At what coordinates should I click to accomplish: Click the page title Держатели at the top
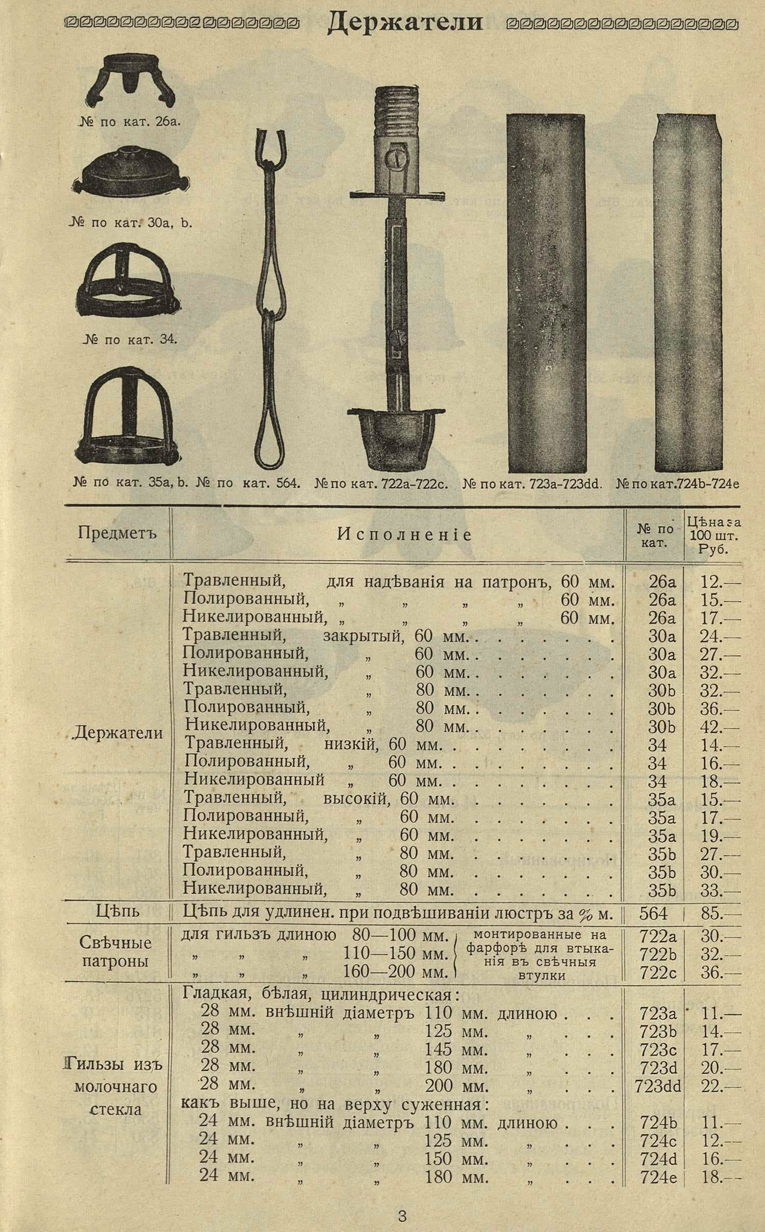point(404,23)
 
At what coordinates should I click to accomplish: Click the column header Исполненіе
point(404,535)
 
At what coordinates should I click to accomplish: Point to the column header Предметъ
point(117,533)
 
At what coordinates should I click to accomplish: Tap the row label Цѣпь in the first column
point(117,912)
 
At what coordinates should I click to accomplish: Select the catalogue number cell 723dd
point(658,1087)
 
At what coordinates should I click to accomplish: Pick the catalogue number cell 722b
point(658,954)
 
